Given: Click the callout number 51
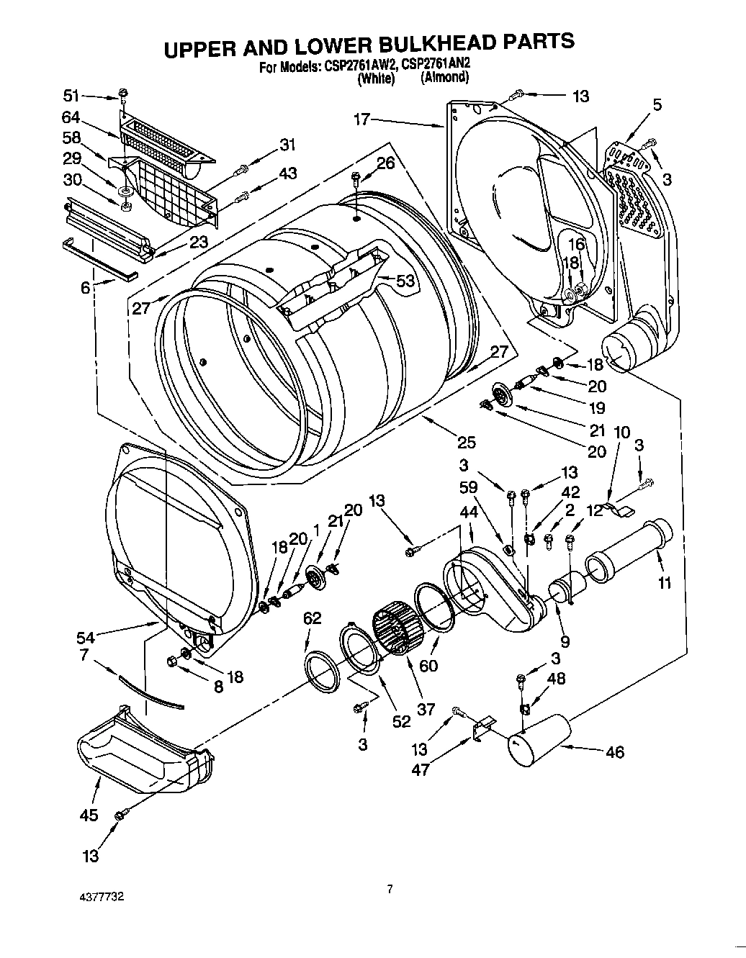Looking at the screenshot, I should click(71, 96).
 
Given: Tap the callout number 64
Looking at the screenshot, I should click(71, 118).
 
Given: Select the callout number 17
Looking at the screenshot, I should click(361, 120).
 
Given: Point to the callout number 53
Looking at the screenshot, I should click(405, 281).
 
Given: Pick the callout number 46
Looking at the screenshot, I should click(614, 753).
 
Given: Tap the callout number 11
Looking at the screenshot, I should click(664, 582).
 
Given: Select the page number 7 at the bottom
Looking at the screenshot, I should click(389, 890).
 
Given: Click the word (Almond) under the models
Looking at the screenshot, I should click(445, 78).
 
